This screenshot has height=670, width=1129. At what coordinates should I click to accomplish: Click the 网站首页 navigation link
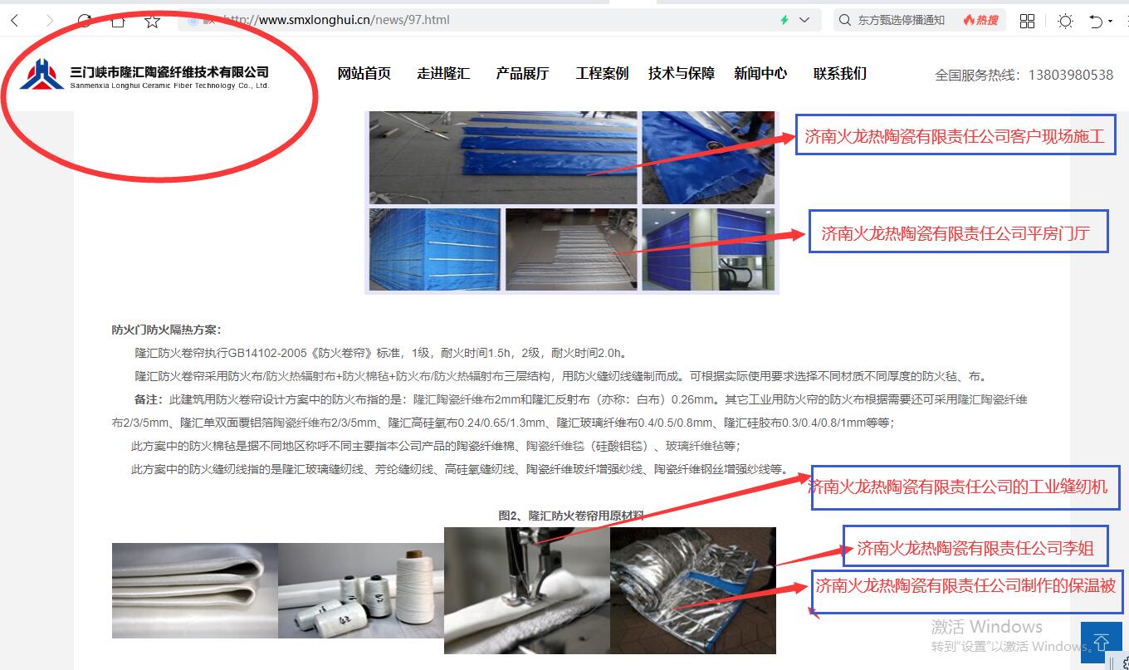pyautogui.click(x=364, y=73)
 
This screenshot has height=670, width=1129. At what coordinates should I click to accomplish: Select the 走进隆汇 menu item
pyautogui.click(x=443, y=73)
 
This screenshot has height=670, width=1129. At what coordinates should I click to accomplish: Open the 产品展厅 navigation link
pyautogui.click(x=522, y=73)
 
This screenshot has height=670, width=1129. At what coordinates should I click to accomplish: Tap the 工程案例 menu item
pyautogui.click(x=602, y=73)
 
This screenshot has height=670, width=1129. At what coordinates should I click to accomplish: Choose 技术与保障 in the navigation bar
pyautogui.click(x=681, y=73)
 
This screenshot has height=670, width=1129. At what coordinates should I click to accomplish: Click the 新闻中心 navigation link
pyautogui.click(x=760, y=73)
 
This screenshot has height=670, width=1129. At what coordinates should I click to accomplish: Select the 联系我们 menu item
pyautogui.click(x=839, y=73)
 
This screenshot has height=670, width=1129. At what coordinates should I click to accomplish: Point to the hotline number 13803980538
pyautogui.click(x=1070, y=75)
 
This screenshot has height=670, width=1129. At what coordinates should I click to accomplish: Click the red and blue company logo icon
pyautogui.click(x=42, y=75)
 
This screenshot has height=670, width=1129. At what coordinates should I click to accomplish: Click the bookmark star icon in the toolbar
pyautogui.click(x=153, y=21)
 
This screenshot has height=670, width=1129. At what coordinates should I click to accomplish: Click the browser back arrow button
pyautogui.click(x=15, y=21)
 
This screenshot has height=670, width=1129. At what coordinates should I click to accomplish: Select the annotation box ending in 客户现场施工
pyautogui.click(x=955, y=136)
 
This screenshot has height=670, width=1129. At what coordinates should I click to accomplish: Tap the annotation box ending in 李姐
pyautogui.click(x=975, y=547)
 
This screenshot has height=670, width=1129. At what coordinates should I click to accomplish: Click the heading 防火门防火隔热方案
pyautogui.click(x=167, y=330)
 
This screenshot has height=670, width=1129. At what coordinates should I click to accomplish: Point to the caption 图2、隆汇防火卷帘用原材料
pyautogui.click(x=570, y=515)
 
